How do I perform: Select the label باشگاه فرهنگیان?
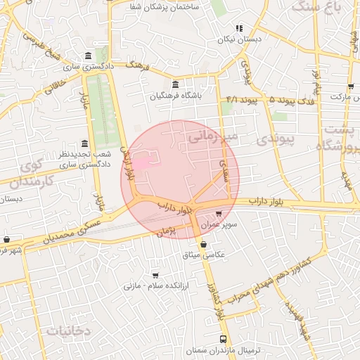176,96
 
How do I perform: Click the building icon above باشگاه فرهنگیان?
176,84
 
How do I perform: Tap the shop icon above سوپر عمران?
218,213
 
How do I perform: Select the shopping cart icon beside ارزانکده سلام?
155,276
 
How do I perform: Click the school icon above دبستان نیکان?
239,28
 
